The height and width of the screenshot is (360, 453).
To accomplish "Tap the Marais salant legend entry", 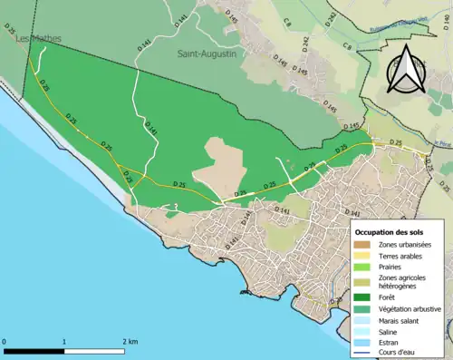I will coord(400,321).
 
